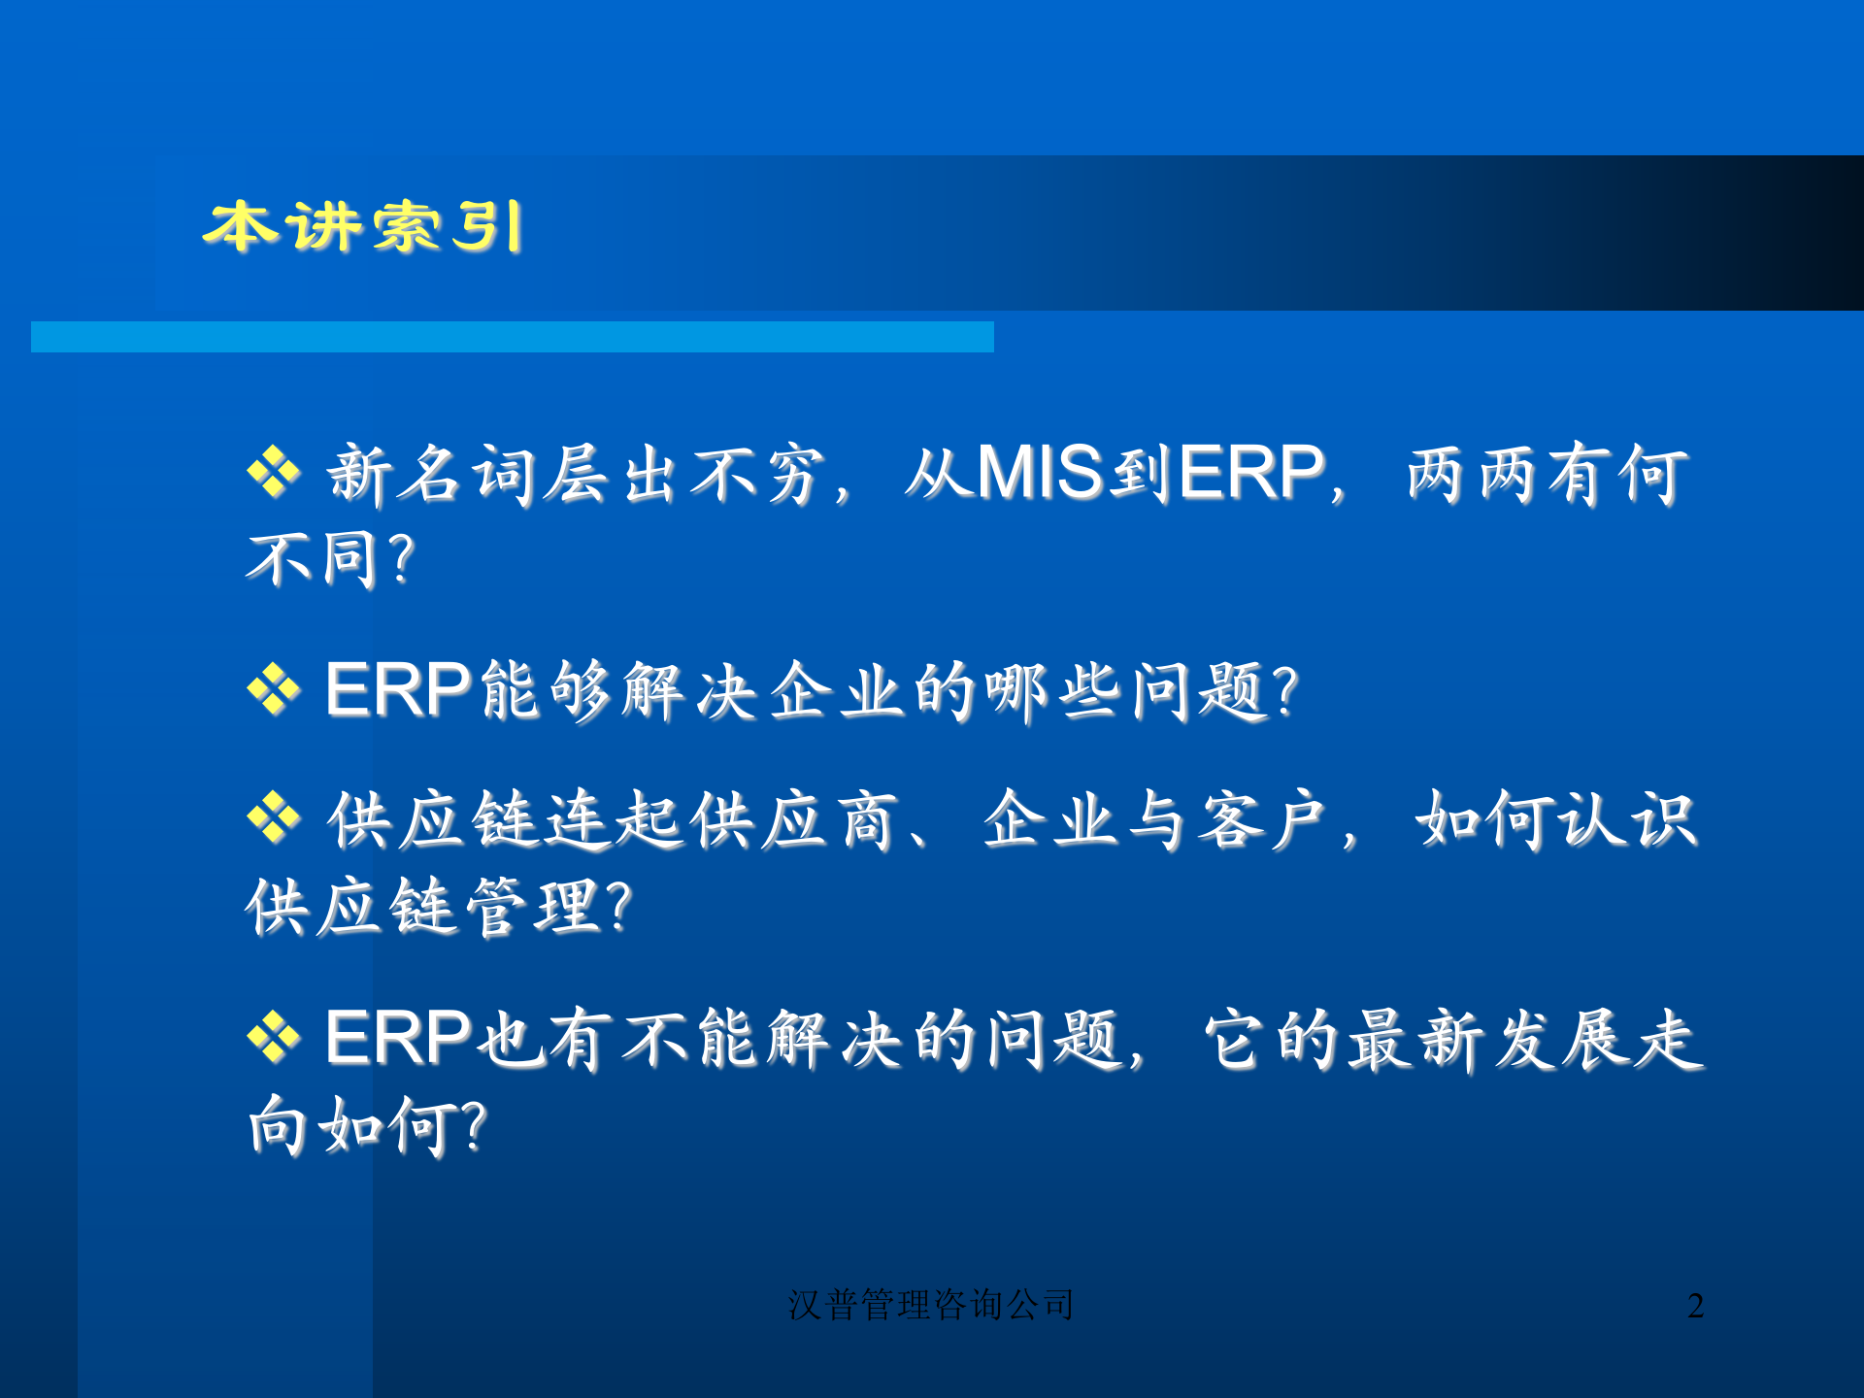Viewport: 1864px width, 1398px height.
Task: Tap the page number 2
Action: coord(1695,1306)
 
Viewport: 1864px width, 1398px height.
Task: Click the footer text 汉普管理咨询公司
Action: coord(930,1305)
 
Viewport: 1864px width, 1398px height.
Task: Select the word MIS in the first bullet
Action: coord(1040,474)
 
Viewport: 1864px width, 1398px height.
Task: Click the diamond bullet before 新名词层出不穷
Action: coord(274,473)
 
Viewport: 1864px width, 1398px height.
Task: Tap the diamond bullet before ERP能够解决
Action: coord(274,689)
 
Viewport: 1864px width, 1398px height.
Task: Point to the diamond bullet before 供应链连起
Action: coord(274,818)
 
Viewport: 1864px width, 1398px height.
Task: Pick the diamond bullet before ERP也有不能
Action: coord(274,1037)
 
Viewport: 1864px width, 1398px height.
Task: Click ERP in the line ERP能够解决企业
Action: coord(399,689)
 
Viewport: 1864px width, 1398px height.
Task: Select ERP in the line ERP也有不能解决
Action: coord(399,1037)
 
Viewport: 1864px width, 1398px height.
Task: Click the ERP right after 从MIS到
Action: coord(1252,474)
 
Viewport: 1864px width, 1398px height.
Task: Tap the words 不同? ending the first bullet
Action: coord(331,560)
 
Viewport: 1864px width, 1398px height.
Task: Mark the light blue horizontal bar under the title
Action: coord(512,337)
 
